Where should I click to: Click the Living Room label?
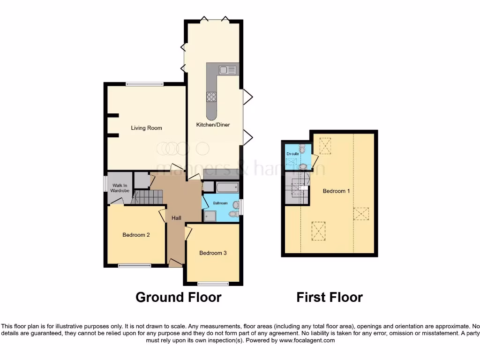coord(146,128)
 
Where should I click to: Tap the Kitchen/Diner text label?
coord(213,125)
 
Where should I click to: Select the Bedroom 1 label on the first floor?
coord(336,191)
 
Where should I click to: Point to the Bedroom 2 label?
coord(136,235)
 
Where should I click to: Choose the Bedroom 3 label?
coord(213,253)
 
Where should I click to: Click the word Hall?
coord(176,218)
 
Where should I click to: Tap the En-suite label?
coord(292,154)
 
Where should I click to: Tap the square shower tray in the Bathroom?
coord(210,216)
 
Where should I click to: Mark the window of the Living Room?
coord(144,84)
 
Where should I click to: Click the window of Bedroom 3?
coord(213,284)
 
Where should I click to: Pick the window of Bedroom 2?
coord(135,266)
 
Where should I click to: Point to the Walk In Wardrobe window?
coord(105,183)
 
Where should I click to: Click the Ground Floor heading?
coord(178,297)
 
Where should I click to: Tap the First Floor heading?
coord(330,297)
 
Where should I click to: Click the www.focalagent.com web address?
coord(307,340)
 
